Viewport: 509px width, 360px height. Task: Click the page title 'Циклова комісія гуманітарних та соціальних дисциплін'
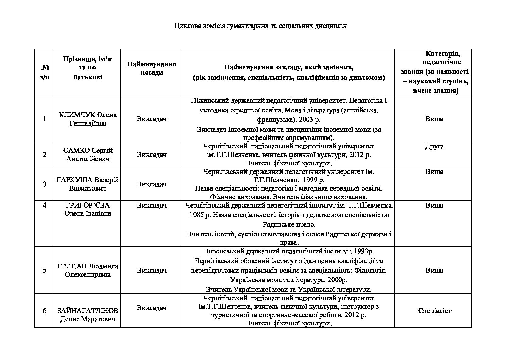(x=260, y=26)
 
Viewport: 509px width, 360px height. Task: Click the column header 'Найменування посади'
(x=152, y=68)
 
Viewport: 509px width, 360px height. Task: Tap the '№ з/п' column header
(x=44, y=72)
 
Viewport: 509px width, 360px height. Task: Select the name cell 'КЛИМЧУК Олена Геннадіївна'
(x=87, y=119)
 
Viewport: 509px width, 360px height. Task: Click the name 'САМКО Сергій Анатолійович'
(x=87, y=154)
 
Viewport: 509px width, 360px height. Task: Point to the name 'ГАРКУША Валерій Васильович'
(x=87, y=184)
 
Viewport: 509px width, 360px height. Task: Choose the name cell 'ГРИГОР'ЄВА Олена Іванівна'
(x=87, y=209)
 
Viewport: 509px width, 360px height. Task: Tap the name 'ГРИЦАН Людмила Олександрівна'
(x=87, y=270)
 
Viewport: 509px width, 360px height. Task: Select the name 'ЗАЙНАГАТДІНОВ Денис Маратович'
(x=87, y=315)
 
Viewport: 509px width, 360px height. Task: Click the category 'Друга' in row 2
(x=434, y=146)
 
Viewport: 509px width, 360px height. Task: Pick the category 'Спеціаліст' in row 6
(x=434, y=311)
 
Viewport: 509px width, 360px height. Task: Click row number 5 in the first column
(x=44, y=271)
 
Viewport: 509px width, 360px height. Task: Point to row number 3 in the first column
(x=44, y=184)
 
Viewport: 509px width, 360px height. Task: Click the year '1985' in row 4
(x=197, y=215)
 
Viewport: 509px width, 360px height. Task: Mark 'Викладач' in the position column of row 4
(x=152, y=206)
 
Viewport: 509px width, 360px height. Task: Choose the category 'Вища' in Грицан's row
(x=434, y=271)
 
